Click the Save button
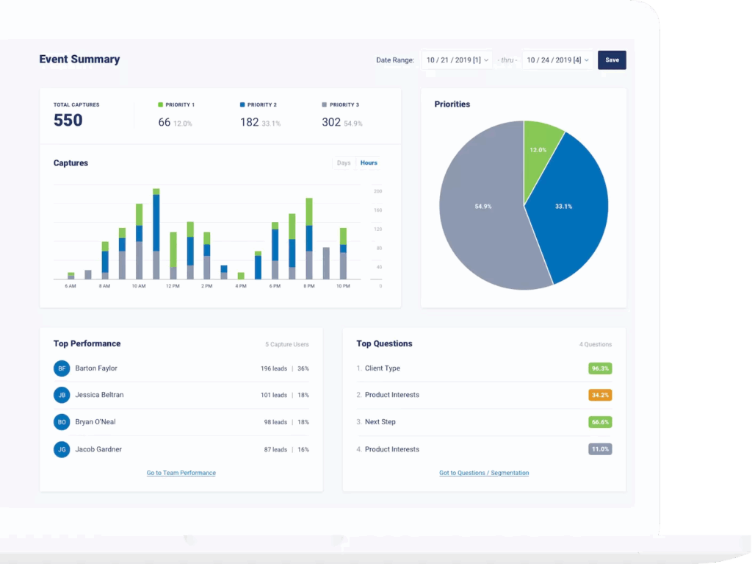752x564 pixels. pyautogui.click(x=612, y=60)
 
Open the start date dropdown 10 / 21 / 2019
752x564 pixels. pyautogui.click(x=457, y=60)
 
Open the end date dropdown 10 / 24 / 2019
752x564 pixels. pyautogui.click(x=557, y=60)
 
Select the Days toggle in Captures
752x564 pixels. pyautogui.click(x=344, y=163)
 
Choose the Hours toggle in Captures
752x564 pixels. pyautogui.click(x=369, y=163)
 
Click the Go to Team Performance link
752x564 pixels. pyautogui.click(x=181, y=473)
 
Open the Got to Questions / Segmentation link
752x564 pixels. pyautogui.click(x=484, y=473)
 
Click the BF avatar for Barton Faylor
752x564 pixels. pyautogui.click(x=62, y=368)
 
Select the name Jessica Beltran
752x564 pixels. pyautogui.click(x=99, y=395)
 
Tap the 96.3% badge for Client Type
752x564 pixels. pyautogui.click(x=600, y=368)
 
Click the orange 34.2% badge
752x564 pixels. pyautogui.click(x=600, y=395)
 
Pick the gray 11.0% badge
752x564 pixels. pyautogui.click(x=600, y=449)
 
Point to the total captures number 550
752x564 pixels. pyautogui.click(x=68, y=120)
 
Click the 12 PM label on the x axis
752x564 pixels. pyautogui.click(x=173, y=286)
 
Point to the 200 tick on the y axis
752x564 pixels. pyautogui.click(x=378, y=191)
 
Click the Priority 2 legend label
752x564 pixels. pyautogui.click(x=262, y=104)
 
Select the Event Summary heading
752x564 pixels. pyautogui.click(x=79, y=59)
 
